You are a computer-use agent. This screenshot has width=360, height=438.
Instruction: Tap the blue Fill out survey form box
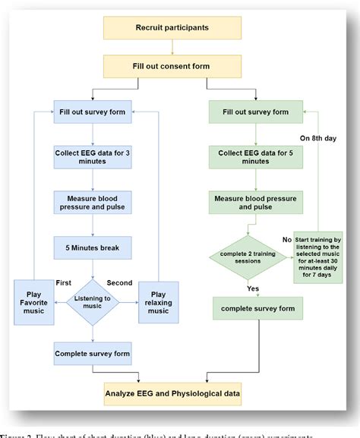pyautogui.click(x=92, y=112)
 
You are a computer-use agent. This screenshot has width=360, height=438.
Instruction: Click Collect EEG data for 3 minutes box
pyautogui.click(x=92, y=156)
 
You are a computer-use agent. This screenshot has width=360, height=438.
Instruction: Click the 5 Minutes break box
pyautogui.click(x=92, y=247)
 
